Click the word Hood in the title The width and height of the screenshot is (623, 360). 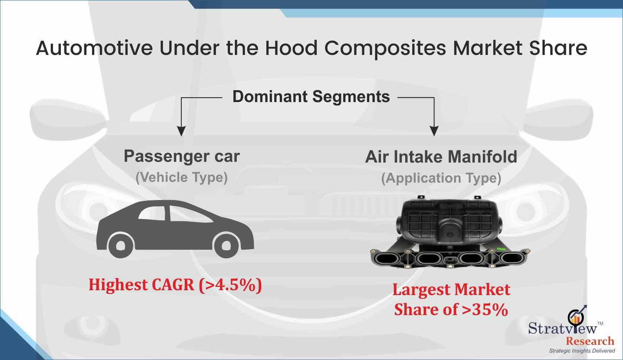point(291,48)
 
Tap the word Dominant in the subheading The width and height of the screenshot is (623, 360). point(270,96)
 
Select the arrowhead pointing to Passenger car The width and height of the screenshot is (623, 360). point(181,131)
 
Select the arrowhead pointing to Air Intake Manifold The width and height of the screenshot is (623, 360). point(434,131)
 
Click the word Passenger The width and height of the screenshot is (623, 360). point(167,157)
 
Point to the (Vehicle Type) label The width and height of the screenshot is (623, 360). point(181,177)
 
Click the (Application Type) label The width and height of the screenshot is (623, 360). point(441,178)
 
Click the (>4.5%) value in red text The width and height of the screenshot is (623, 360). point(230,285)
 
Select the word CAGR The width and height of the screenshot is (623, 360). point(173,285)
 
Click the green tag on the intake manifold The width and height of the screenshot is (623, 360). point(500,249)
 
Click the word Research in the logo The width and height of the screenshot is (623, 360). point(590,341)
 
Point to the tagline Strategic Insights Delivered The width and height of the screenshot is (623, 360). point(582,351)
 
